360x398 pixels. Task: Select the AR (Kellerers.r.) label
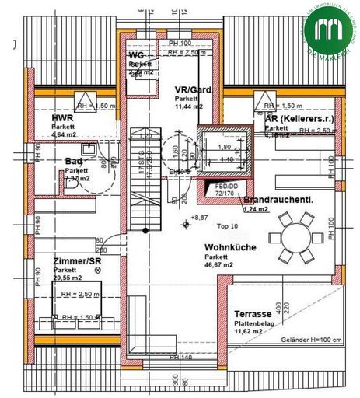(295, 117)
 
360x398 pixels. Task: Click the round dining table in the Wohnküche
(294, 237)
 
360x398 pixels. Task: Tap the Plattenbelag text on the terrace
(255, 324)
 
